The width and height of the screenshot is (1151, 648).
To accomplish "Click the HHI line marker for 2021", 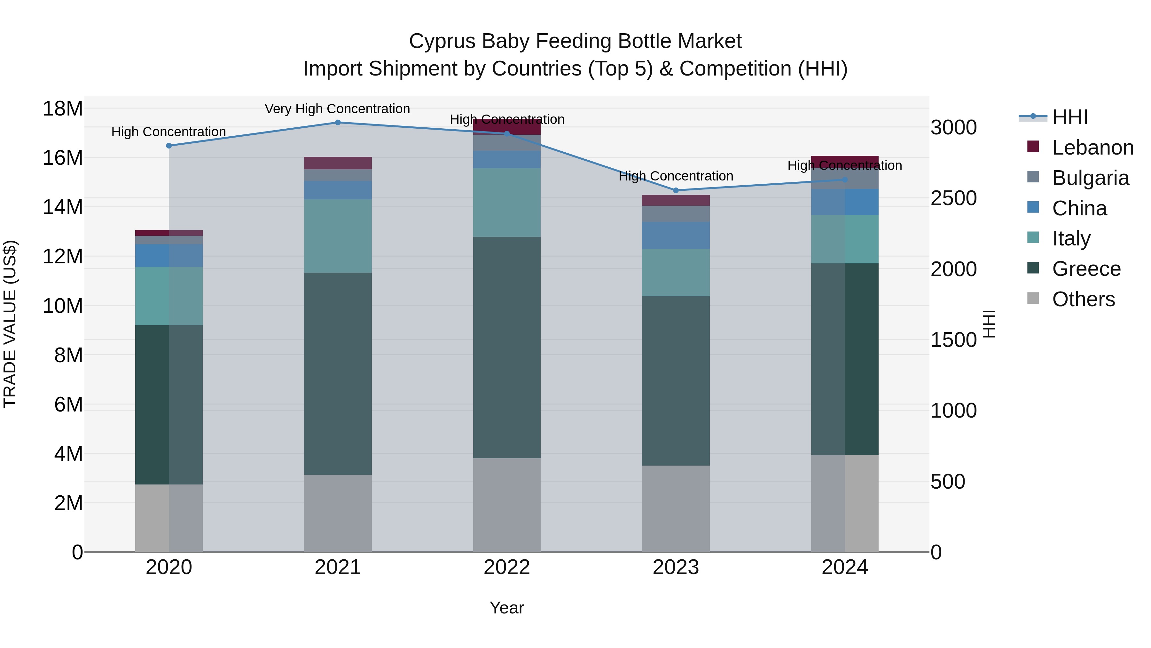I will pos(338,123).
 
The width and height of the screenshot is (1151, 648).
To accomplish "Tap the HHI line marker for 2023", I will pos(676,190).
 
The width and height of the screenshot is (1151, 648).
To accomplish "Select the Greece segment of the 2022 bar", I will pos(507,348).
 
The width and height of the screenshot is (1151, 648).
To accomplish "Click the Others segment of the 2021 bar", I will pos(338,513).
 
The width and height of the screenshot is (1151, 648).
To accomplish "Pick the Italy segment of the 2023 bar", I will pos(676,273).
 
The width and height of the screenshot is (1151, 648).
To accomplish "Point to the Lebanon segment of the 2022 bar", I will pos(507,127).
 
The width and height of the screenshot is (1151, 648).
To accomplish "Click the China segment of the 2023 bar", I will pos(676,236).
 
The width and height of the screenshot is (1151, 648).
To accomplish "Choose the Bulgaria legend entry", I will pos(1090,178).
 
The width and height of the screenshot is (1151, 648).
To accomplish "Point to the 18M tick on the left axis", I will pos(63,109).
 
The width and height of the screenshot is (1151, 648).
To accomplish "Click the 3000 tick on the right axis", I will pos(953,127).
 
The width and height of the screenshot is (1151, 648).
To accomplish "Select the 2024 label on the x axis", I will pos(844,567).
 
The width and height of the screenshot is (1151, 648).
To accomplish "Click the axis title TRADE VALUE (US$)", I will pos(10,324).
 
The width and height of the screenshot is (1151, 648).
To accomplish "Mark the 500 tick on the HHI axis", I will pos(948,482).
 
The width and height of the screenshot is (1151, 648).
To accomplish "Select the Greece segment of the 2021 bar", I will pos(338,374).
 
